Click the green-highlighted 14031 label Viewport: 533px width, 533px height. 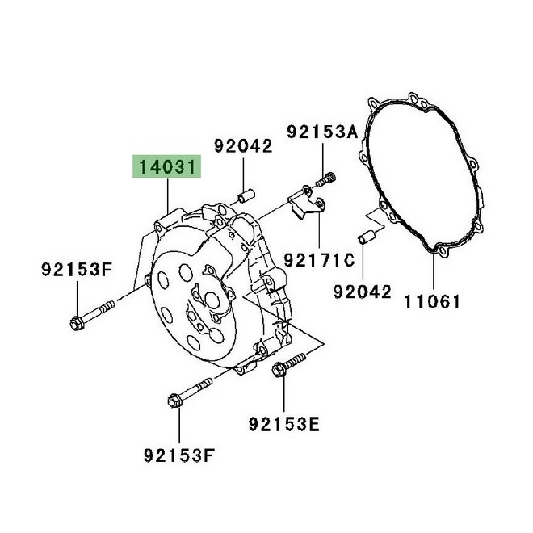tap(167, 166)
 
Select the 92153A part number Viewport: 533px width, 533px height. tap(322, 132)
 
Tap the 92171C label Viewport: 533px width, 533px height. tap(319, 260)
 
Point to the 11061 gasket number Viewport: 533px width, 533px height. tap(432, 301)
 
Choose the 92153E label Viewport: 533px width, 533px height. tap(283, 424)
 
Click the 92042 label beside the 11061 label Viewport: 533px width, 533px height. tap(363, 292)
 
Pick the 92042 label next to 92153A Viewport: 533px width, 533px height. tap(243, 146)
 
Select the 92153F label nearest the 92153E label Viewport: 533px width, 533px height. tap(179, 455)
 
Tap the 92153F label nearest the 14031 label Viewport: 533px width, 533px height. tap(77, 270)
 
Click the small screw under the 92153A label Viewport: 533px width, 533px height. tap(325, 180)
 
